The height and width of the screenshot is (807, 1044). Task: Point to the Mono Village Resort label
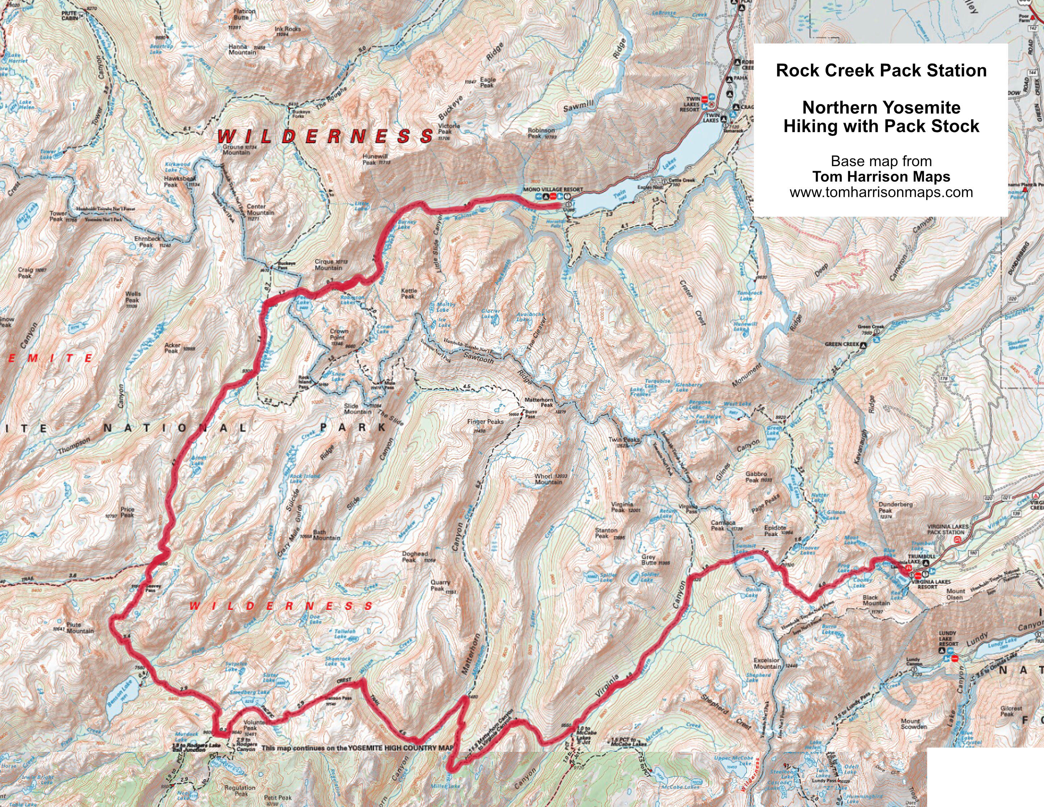coord(553,189)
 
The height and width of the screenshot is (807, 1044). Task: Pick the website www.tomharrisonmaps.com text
coord(881,192)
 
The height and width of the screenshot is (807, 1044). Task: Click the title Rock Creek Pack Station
coord(881,71)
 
